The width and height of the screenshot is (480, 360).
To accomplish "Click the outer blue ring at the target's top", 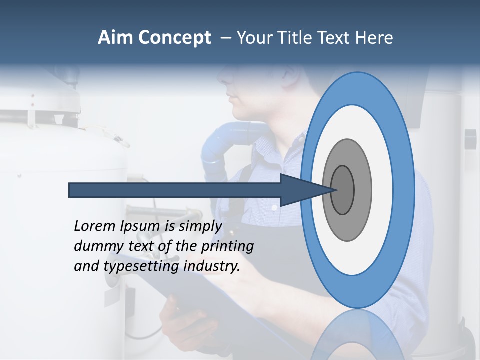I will pyautogui.click(x=357, y=88).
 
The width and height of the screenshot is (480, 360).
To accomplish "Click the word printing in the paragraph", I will pyautogui.click(x=227, y=247).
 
